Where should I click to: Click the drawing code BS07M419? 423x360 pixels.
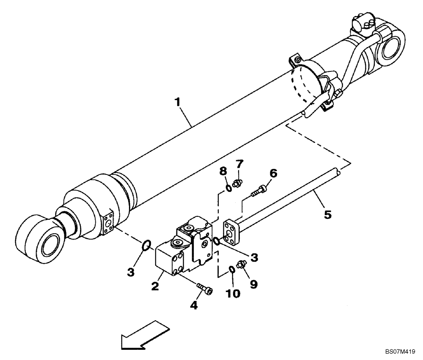click(400, 351)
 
